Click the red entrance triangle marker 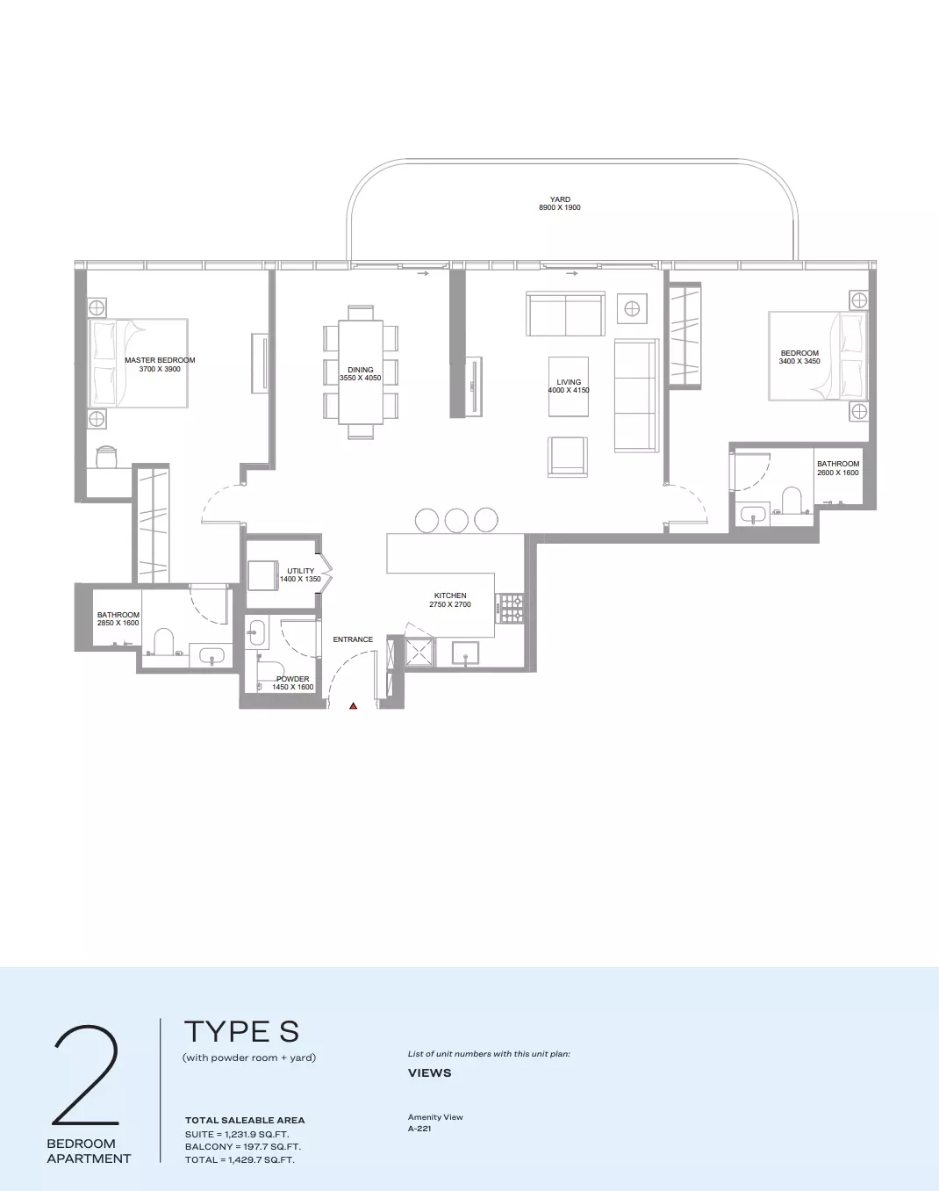point(354,705)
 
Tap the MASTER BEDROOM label point(160,360)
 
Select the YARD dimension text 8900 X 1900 point(560,207)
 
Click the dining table point(361,372)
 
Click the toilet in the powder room point(270,671)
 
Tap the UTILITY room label point(300,571)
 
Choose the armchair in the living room point(568,457)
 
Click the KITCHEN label point(450,595)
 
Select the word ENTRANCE point(353,639)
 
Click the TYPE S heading point(241,1032)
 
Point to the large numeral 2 point(86,1075)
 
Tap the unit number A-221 point(419,1129)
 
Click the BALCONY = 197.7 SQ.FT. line point(243,1147)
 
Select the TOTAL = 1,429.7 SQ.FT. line point(240,1160)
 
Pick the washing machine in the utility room point(262,575)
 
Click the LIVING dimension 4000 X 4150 point(569,390)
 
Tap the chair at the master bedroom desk point(106,457)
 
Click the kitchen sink point(466,653)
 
